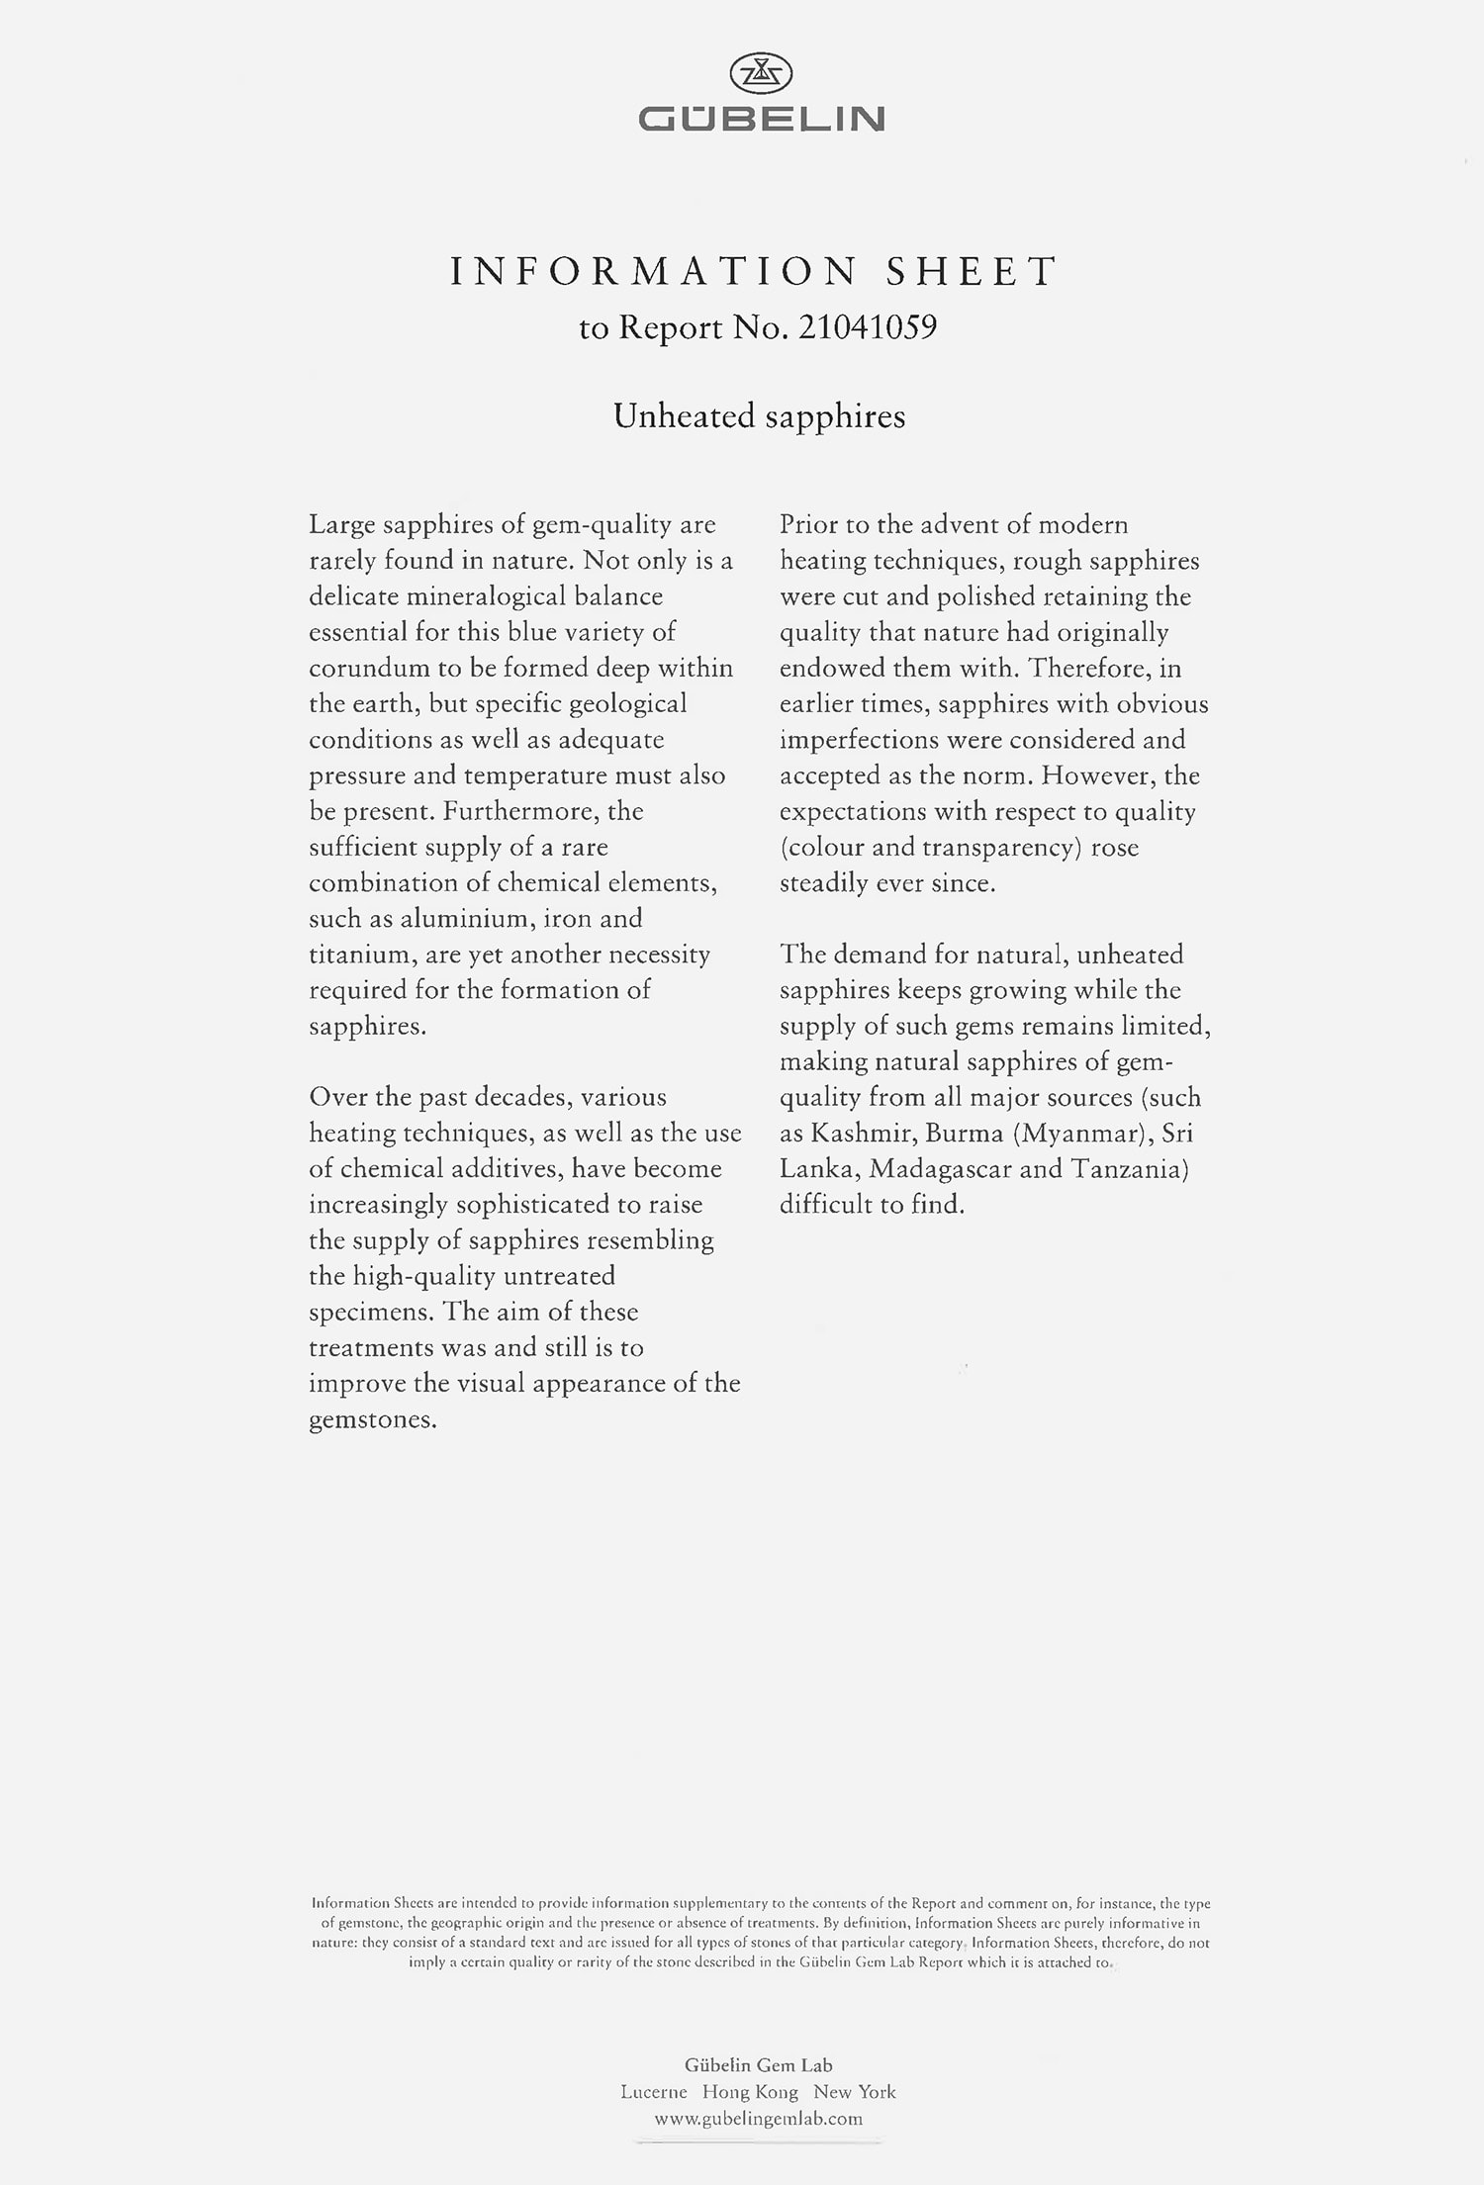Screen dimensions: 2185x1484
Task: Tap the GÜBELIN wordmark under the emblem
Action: [761, 120]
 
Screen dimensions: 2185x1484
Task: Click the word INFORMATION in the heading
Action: [654, 272]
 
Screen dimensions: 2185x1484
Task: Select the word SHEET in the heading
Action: [972, 272]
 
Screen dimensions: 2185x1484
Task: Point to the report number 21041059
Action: [866, 327]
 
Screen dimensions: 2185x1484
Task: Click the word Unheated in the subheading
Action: [684, 416]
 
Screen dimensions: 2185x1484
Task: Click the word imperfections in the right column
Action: [859, 741]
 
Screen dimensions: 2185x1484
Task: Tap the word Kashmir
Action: [861, 1134]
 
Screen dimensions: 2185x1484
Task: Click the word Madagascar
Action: [940, 1169]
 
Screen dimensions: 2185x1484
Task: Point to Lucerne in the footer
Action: [654, 2092]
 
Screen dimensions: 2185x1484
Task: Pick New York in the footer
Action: [855, 2092]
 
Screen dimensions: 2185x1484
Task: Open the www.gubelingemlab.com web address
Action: [759, 2119]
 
